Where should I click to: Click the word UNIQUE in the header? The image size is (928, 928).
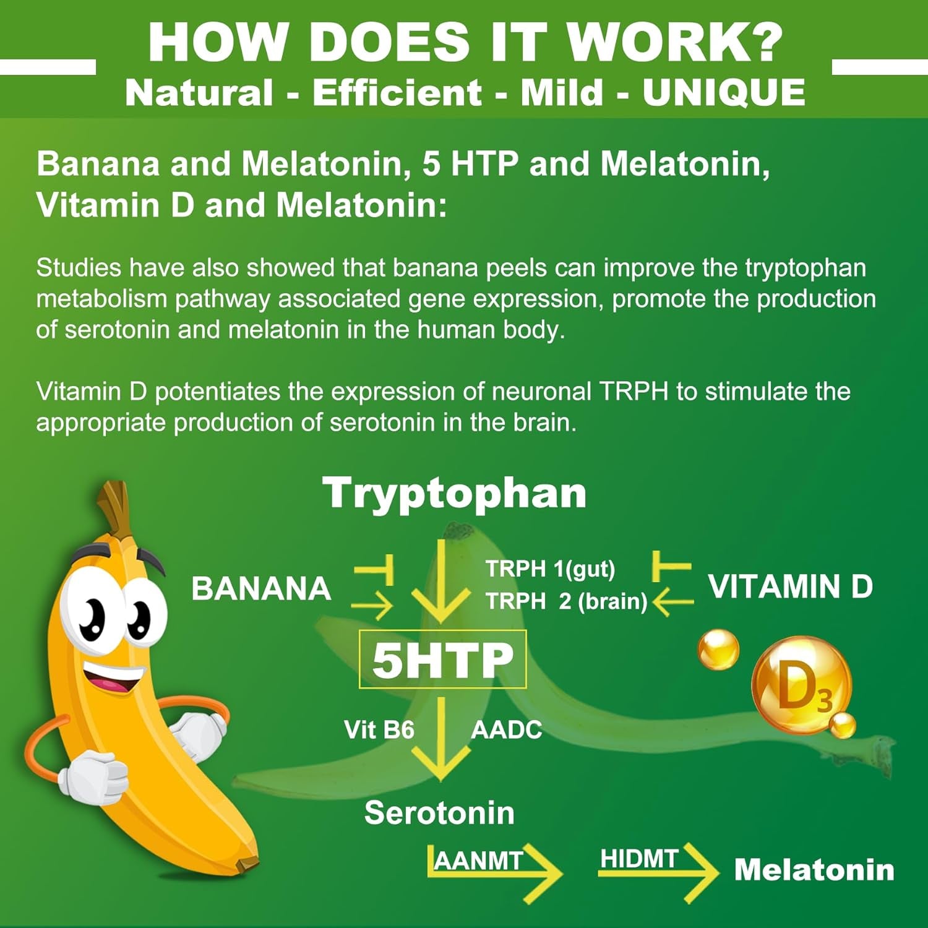[724, 93]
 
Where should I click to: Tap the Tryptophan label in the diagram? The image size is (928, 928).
[455, 494]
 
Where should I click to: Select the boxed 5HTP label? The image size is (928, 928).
[443, 659]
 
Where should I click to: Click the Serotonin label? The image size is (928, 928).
[439, 812]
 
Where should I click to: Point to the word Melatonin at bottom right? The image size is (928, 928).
[814, 870]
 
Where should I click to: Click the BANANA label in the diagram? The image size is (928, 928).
[261, 588]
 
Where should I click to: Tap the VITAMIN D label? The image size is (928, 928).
[791, 586]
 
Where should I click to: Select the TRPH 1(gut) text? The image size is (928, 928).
[550, 569]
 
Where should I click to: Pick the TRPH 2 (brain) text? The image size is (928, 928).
[566, 601]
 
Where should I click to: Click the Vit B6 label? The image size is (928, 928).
[379, 730]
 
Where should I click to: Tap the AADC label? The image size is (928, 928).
[506, 731]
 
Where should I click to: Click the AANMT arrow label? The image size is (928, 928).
[479, 860]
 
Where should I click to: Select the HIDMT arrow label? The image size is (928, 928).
[640, 859]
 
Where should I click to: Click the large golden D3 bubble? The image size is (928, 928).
[802, 685]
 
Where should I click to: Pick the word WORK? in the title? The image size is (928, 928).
[675, 42]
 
